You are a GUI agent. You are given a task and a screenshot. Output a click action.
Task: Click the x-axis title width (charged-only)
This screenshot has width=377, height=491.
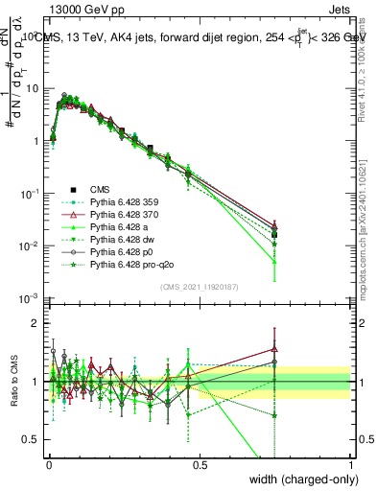(306, 479)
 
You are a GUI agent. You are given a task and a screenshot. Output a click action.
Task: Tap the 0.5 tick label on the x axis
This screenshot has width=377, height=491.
(200, 464)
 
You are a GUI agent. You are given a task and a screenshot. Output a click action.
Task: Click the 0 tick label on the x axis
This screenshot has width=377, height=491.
(48, 464)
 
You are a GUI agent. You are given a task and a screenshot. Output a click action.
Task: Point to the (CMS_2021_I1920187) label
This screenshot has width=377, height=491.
(200, 287)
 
